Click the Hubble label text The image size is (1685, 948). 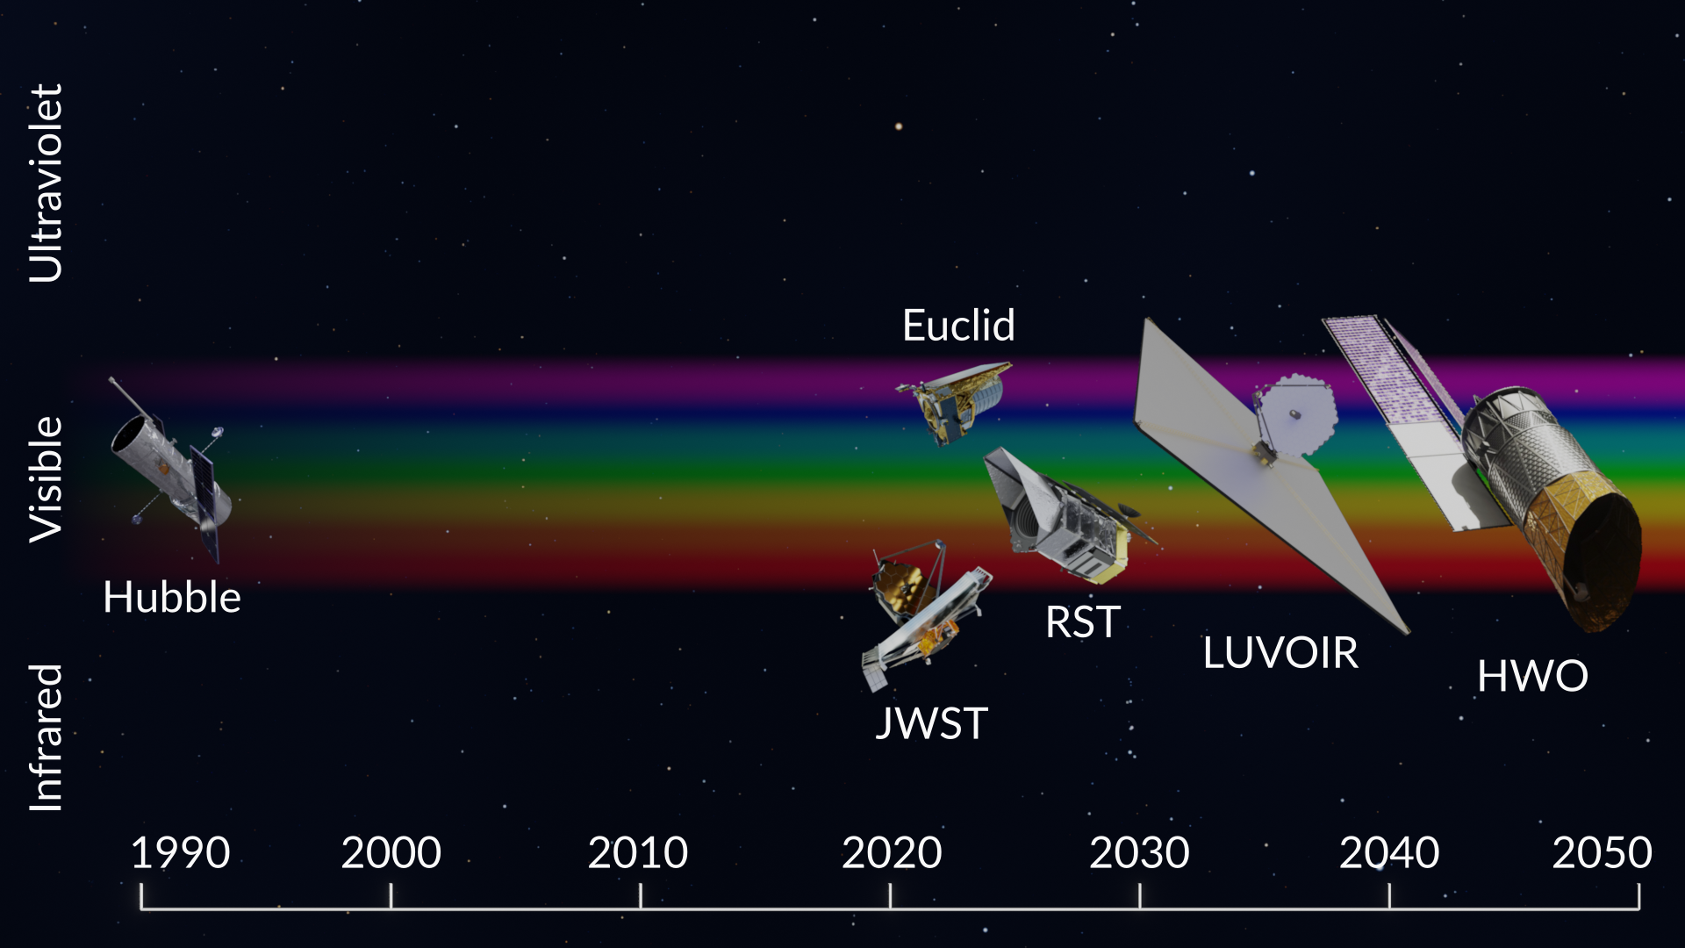click(172, 598)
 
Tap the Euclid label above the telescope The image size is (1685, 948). click(958, 326)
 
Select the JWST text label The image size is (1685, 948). click(932, 724)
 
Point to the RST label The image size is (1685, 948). click(1082, 622)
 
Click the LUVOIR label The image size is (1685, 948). click(1280, 653)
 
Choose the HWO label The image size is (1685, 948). click(1532, 677)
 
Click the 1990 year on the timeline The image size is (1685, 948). click(180, 853)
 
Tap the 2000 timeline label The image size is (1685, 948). click(391, 853)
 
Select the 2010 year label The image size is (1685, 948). click(638, 853)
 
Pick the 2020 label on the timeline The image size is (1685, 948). click(892, 853)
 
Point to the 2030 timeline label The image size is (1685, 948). click(1139, 853)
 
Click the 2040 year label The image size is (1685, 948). click(1389, 853)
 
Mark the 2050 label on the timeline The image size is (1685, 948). click(1603, 853)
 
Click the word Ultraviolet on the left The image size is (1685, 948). click(47, 183)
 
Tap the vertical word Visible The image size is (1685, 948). click(47, 479)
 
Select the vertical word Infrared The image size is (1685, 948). click(47, 737)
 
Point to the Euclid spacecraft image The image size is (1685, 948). click(954, 403)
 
